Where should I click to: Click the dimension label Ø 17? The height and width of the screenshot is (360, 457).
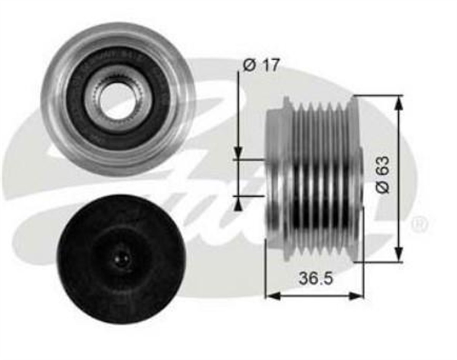pos(261,65)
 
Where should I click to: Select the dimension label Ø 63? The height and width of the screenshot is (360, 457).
pos(383,175)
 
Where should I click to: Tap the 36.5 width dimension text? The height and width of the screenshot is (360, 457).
pos(316,278)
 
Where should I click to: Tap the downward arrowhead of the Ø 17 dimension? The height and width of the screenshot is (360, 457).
pos(238,152)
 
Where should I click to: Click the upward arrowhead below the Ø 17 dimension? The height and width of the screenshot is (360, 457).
pos(238,205)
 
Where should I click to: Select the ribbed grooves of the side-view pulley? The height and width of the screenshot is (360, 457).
pos(324,179)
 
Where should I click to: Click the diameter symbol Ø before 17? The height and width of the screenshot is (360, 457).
pos(249,66)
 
